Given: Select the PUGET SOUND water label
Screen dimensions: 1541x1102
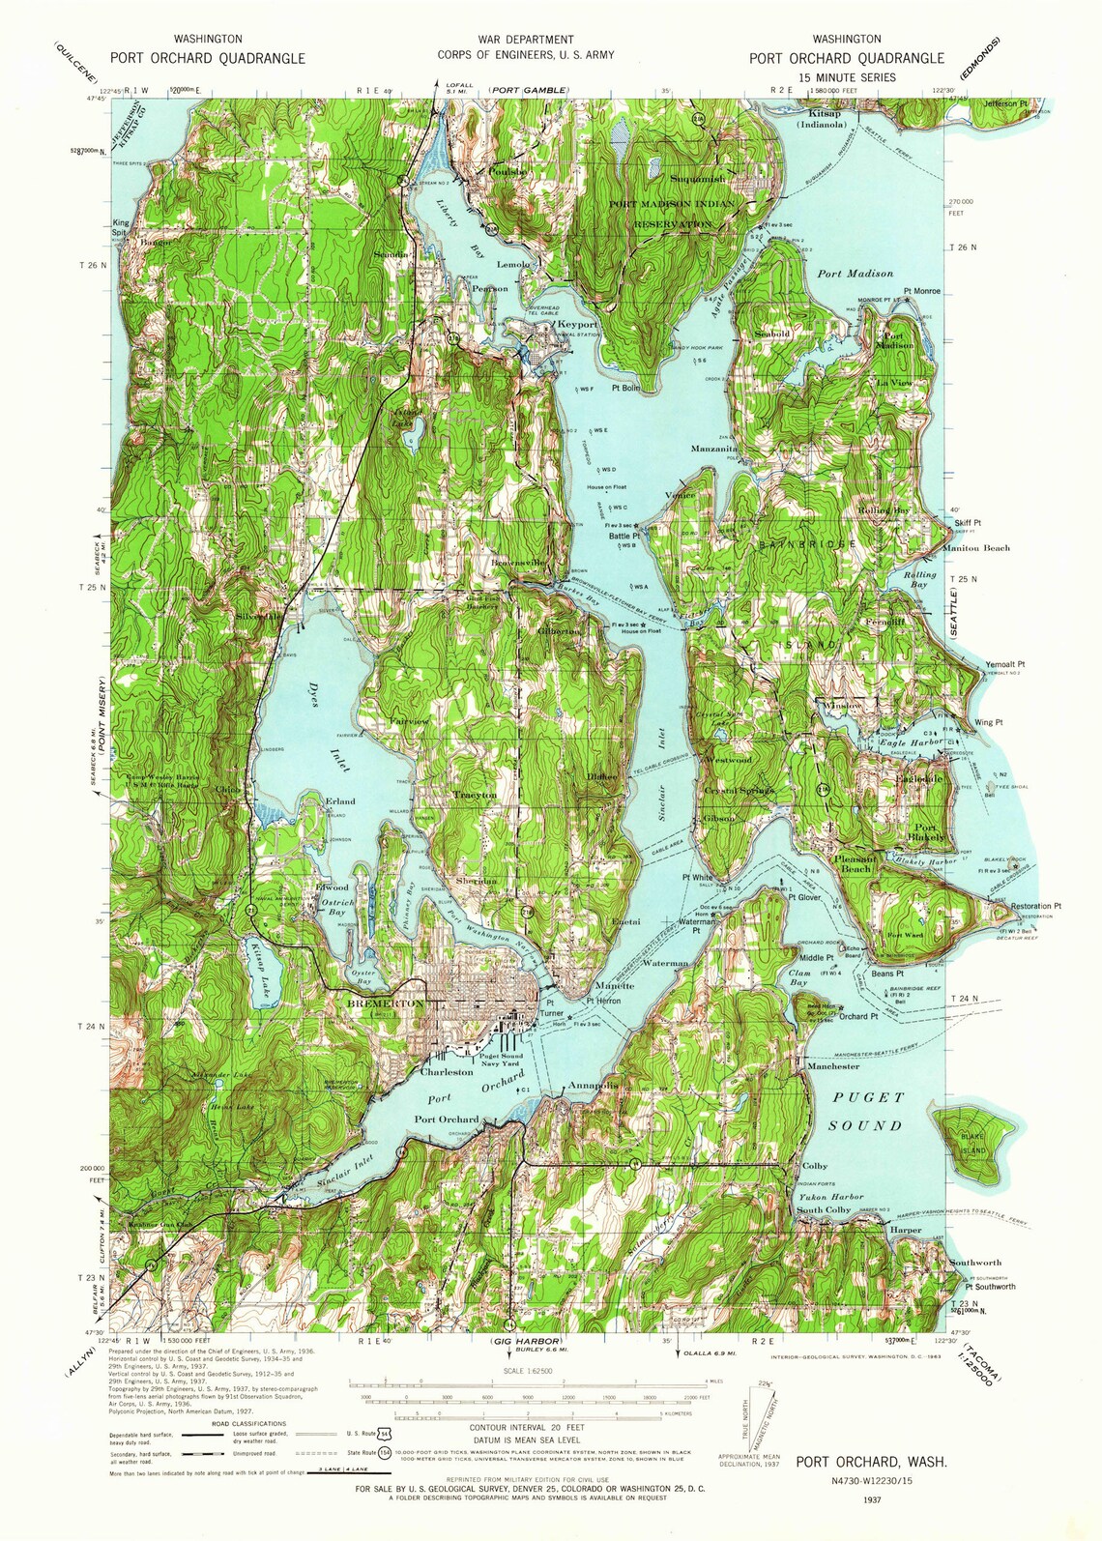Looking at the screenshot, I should (x=865, y=1111).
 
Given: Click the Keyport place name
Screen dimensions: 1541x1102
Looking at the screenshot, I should (x=578, y=325).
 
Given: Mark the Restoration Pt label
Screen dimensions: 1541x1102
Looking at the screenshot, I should (x=1035, y=906).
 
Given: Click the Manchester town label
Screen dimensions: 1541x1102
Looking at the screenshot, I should (x=832, y=1066).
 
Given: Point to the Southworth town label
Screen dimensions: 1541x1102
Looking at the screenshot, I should (x=974, y=1263).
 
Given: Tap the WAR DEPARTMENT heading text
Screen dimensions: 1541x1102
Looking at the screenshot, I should (x=525, y=40).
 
